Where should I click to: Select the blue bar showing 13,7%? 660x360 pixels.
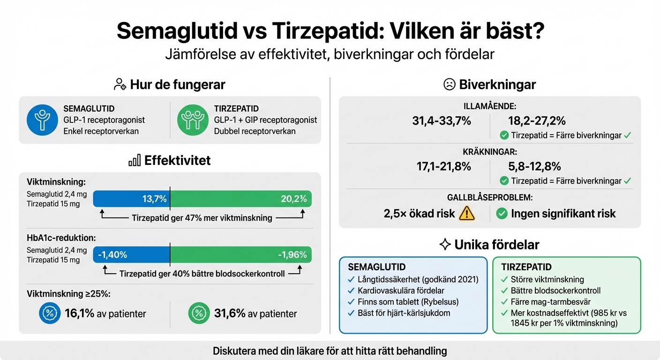tap(132, 199)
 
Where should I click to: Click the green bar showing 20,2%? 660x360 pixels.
tap(240, 199)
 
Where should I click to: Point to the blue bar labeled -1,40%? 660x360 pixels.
tap(132, 255)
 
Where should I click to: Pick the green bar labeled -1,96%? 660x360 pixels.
tap(240, 255)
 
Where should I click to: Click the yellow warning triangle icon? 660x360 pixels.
tap(467, 214)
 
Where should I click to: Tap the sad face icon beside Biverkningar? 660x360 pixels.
tap(449, 84)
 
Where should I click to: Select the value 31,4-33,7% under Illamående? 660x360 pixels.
tap(441, 121)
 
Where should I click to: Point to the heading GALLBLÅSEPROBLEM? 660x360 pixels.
tap(489, 198)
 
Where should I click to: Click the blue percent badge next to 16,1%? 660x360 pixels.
tap(50, 313)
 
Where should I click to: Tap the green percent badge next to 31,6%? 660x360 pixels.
tap(199, 313)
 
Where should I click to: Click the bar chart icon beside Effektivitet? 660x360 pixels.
tap(135, 161)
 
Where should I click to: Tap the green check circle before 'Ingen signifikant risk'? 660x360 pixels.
tap(502, 214)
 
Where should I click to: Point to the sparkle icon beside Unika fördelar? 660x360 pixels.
tap(445, 244)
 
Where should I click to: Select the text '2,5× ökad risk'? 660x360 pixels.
tap(419, 214)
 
